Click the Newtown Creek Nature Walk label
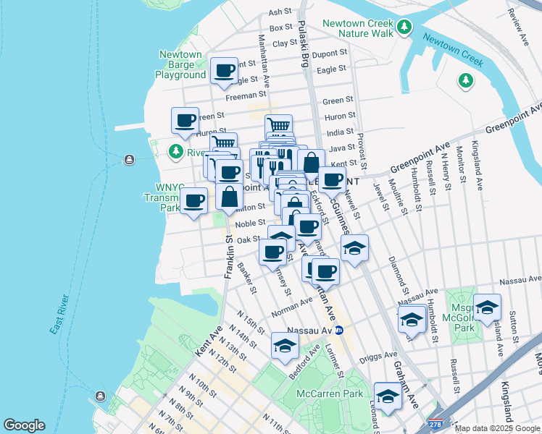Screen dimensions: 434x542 click(357, 28)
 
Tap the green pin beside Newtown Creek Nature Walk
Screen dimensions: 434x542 click(404, 28)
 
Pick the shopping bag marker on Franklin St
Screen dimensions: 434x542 click(229, 197)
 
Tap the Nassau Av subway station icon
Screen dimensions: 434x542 click(338, 330)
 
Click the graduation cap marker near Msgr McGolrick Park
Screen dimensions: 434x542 click(486, 307)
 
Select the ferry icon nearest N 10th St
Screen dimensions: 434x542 click(99, 397)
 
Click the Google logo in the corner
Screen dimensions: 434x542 click(24, 425)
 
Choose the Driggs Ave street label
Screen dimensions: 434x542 click(380, 356)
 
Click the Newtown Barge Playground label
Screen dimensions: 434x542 click(180, 64)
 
